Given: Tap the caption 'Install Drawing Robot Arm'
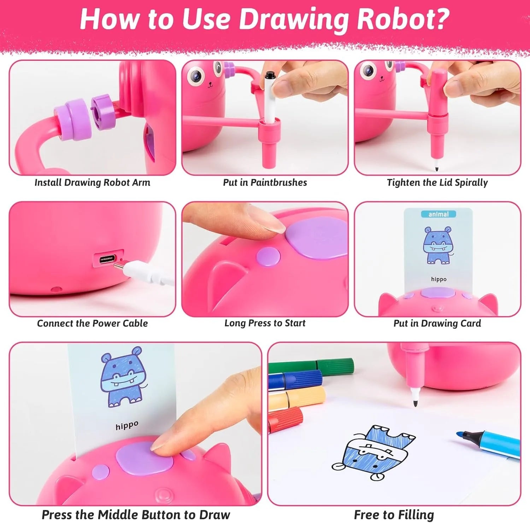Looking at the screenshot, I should pyautogui.click(x=92, y=182).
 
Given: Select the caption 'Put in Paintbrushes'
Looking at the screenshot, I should pyautogui.click(x=265, y=182).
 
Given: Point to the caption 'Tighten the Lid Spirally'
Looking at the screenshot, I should pyautogui.click(x=437, y=182).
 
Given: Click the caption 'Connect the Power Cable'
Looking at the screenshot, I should pyautogui.click(x=92, y=323).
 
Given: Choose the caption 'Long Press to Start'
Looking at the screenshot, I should pyautogui.click(x=265, y=323).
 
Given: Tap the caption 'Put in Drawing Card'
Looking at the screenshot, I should pyautogui.click(x=437, y=323).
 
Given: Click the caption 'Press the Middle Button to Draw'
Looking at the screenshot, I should pyautogui.click(x=136, y=515).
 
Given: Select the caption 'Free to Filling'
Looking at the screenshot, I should pyautogui.click(x=394, y=515).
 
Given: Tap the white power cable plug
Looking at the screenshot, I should pyautogui.click(x=145, y=271).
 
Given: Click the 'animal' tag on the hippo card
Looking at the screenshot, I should pyautogui.click(x=438, y=214).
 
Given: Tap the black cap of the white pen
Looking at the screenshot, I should pyautogui.click(x=270, y=75).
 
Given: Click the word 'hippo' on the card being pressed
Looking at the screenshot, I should pyautogui.click(x=127, y=425).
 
